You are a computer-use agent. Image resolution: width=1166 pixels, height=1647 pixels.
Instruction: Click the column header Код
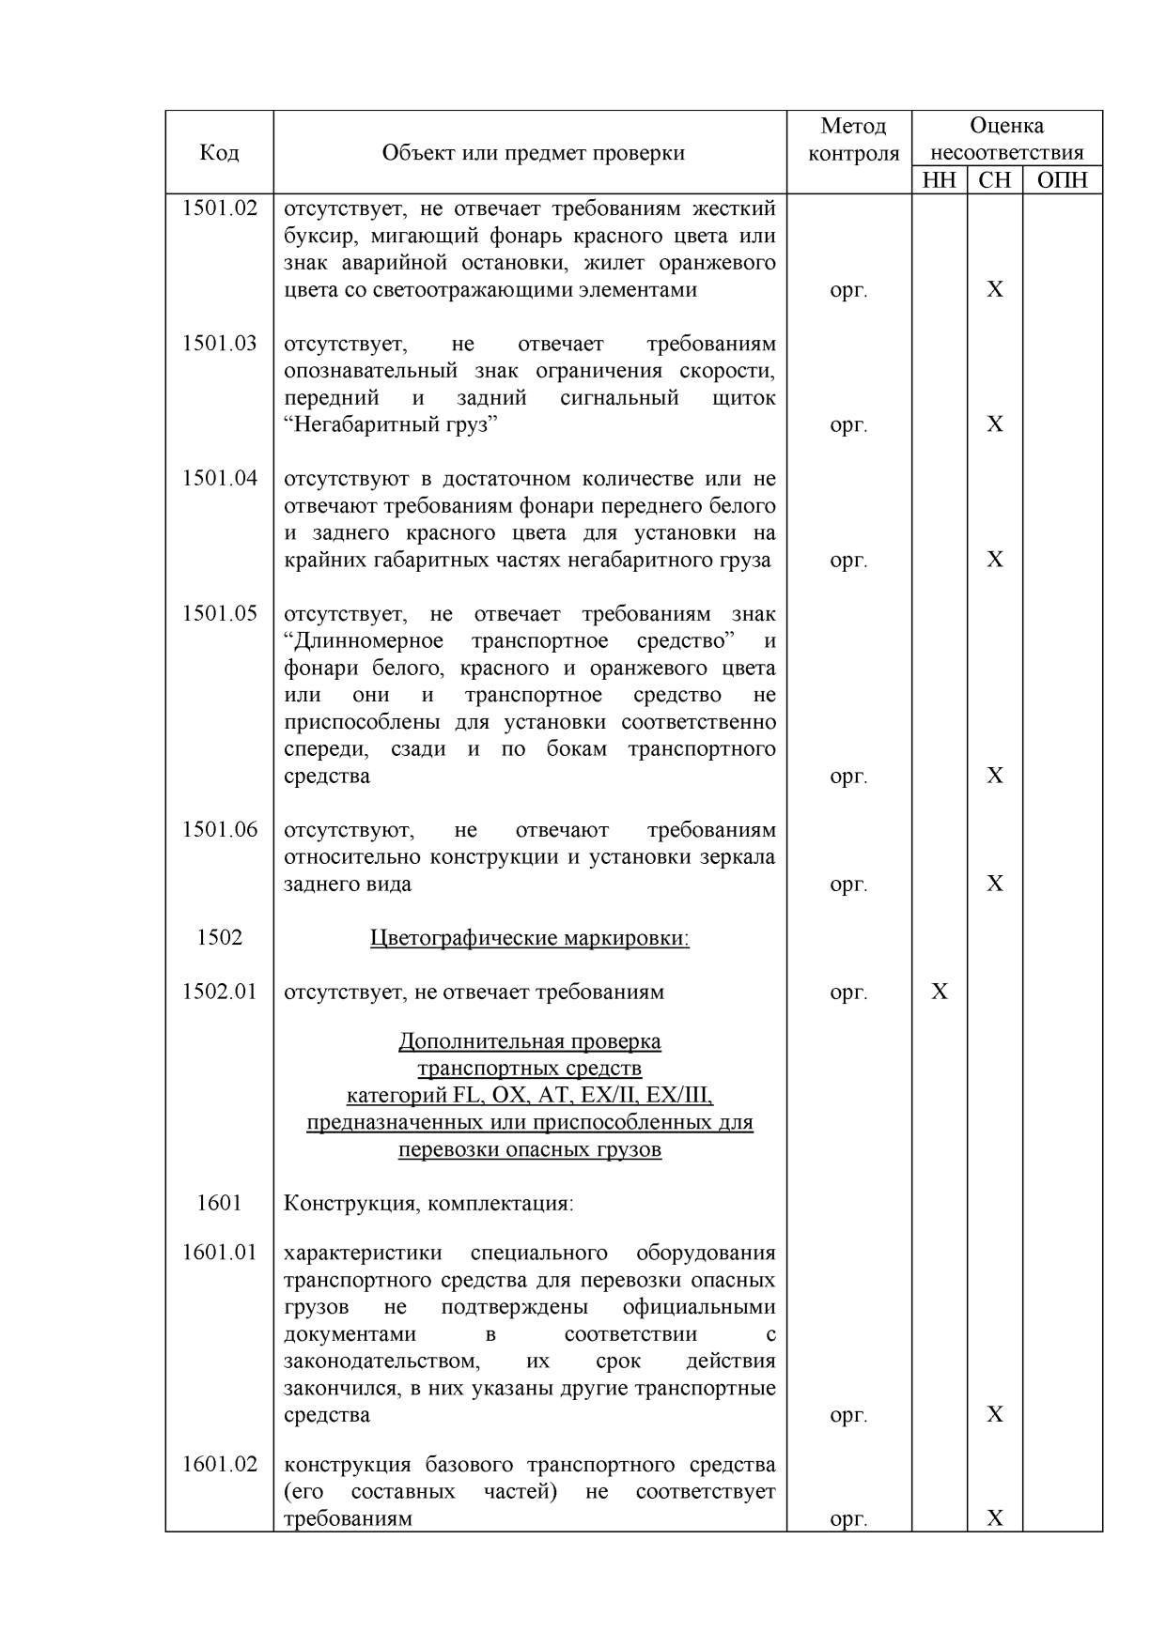pos(219,152)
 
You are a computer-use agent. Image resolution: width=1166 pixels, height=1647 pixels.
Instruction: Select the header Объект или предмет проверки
pos(533,152)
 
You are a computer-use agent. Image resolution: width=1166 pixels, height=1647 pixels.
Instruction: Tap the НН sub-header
pos(939,180)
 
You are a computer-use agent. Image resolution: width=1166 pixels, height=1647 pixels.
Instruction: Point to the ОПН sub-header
pos(1062,180)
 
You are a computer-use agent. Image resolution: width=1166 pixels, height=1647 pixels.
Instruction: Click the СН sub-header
pos(994,180)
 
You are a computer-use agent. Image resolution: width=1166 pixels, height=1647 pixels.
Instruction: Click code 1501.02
pos(219,208)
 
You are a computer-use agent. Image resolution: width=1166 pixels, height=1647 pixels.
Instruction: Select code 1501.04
pos(219,479)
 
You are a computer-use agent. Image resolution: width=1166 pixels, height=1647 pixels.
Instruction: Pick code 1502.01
pos(219,992)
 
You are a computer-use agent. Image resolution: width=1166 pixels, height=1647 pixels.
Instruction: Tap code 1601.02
pos(219,1465)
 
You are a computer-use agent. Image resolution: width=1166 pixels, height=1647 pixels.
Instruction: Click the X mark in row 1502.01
pos(939,992)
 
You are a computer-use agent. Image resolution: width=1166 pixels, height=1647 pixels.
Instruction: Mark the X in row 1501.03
pos(994,424)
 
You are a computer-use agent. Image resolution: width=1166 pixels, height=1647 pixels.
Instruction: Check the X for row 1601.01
pos(994,1414)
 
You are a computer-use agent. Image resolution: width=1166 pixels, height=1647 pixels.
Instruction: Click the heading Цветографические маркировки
pos(529,938)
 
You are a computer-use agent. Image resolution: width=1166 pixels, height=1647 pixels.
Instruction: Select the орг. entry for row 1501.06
pos(848,884)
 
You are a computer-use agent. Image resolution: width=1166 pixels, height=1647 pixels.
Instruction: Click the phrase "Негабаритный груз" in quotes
pos(391,424)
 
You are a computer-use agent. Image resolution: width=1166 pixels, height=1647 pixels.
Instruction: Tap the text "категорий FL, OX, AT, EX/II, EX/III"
pos(529,1095)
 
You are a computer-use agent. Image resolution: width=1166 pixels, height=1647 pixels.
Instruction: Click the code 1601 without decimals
pos(219,1203)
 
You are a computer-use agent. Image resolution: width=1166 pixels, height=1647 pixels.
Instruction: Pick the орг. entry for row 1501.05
pos(848,776)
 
